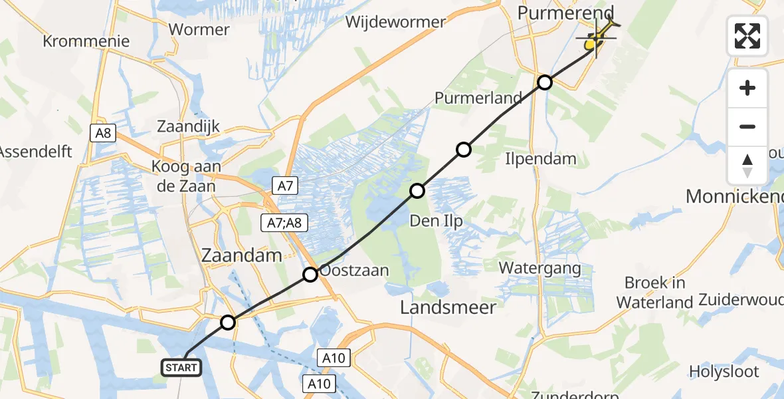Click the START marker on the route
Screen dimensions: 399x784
181,367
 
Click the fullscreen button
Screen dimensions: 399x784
747,35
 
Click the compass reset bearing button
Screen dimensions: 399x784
747,165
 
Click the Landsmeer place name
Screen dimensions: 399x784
448,307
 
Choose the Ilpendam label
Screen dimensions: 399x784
540,158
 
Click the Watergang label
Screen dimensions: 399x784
540,269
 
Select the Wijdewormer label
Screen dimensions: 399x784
395,22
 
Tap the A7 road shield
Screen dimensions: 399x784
284,187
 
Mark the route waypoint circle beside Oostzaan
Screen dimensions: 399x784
310,274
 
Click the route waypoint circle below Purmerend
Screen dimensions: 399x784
545,82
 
